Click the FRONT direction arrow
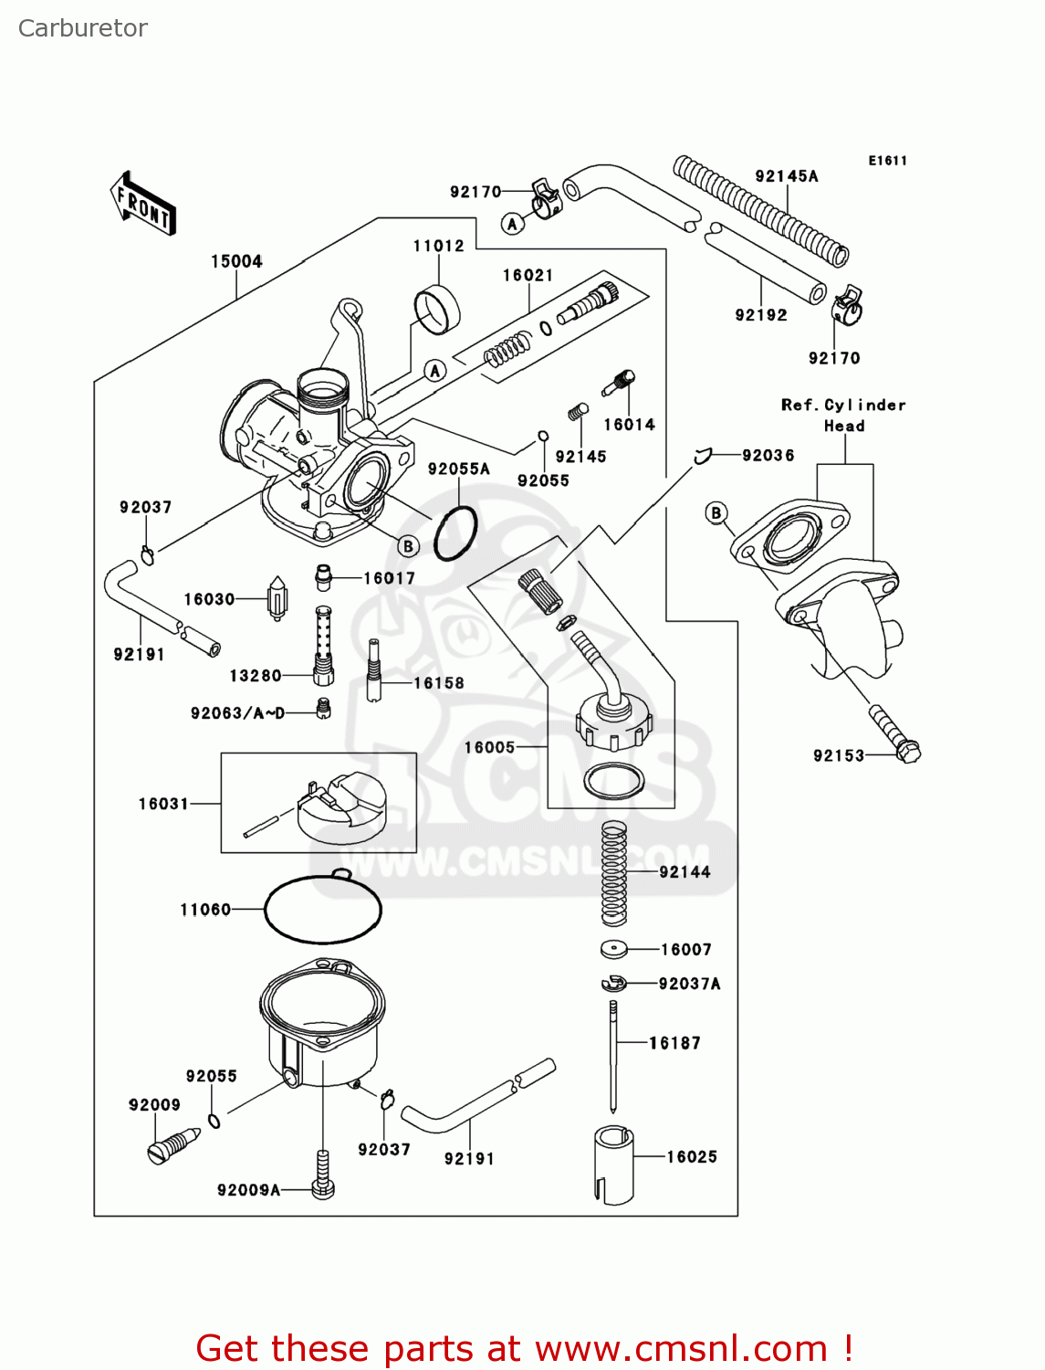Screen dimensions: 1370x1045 tap(142, 204)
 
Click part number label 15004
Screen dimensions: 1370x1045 tap(236, 261)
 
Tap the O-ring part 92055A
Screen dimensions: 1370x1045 tap(455, 533)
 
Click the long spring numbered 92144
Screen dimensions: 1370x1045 tap(614, 873)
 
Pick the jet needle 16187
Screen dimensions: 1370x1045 tap(614, 1055)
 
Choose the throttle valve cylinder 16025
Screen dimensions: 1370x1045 tap(612, 1164)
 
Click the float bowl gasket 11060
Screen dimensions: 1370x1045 tap(322, 909)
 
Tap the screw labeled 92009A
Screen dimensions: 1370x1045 tap(323, 1174)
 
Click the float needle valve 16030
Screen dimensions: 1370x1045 tap(277, 599)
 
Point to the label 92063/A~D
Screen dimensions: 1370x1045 tap(237, 713)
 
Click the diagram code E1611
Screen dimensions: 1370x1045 tap(887, 161)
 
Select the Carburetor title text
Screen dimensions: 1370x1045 tap(82, 28)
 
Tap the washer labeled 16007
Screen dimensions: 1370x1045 tap(614, 950)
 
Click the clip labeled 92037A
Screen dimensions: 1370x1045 tap(614, 984)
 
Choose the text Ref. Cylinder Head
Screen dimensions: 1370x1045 tap(843, 415)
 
